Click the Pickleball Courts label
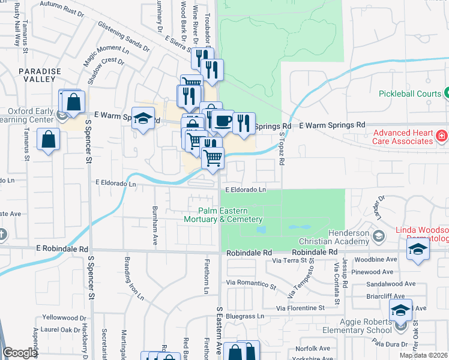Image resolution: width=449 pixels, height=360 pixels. pyautogui.click(x=409, y=94)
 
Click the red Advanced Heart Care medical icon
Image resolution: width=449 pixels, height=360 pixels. pyautogui.click(x=442, y=135)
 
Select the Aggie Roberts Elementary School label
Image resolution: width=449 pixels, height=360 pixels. pyautogui.click(x=357, y=326)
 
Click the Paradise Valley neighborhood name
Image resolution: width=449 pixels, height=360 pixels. pyautogui.click(x=40, y=75)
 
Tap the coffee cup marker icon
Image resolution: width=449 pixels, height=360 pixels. pyautogui.click(x=223, y=121)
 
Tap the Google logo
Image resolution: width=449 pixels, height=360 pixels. pyautogui.click(x=20, y=353)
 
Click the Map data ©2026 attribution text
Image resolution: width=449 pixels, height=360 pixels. pyautogui.click(x=423, y=355)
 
